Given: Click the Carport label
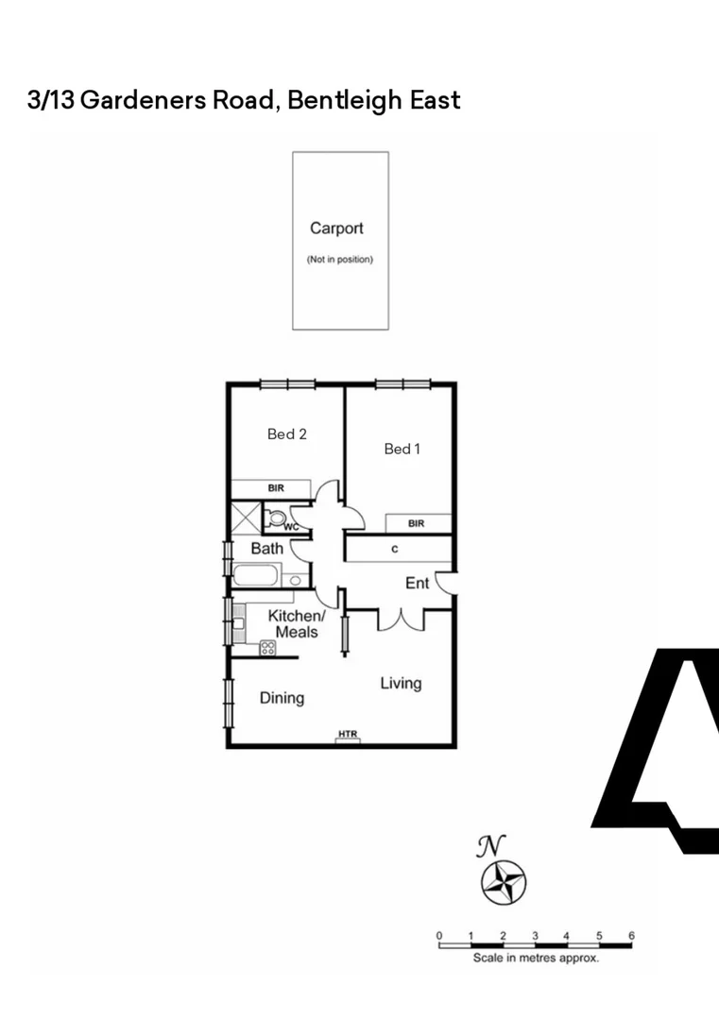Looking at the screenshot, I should point(336,228).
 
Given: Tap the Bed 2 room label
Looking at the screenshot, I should point(287,434).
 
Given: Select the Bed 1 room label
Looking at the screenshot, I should point(402,449).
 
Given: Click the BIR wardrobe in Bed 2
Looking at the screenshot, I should point(275,488).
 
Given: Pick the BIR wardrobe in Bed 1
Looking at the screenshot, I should point(417,523).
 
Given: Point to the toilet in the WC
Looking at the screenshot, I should point(276,518).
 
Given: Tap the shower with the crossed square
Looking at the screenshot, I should point(246,518).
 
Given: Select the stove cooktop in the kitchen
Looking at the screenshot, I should point(267,648).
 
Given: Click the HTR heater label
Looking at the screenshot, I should point(348,734).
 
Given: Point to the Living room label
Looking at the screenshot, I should point(401,683).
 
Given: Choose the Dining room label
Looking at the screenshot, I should point(282,698).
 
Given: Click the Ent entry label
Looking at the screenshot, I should point(417,583).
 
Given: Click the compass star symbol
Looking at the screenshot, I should point(504,882).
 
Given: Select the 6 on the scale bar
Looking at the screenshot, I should point(631,936).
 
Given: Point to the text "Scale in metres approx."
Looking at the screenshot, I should point(536,958).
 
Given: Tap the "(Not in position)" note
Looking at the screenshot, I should point(339,260).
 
